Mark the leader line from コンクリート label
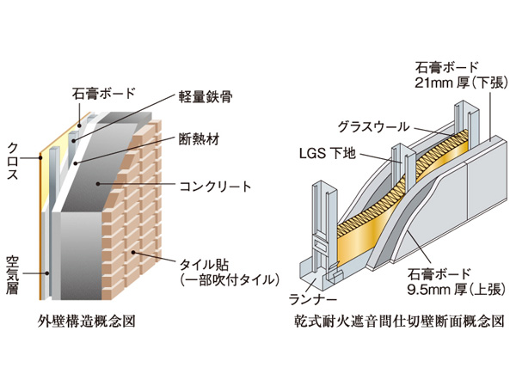tap(146, 184)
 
